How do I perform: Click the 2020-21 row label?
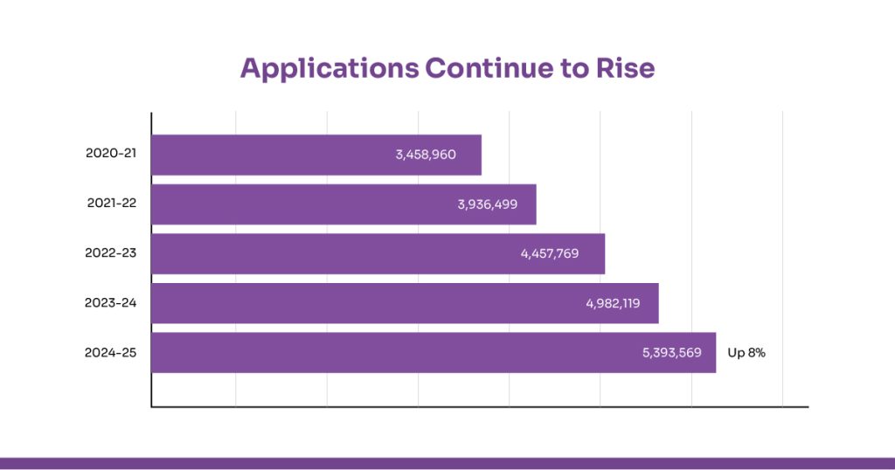click(x=111, y=154)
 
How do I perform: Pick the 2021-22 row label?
click(x=112, y=204)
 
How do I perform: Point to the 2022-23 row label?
click(x=111, y=253)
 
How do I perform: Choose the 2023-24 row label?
click(x=111, y=303)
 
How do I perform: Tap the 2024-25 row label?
click(x=111, y=353)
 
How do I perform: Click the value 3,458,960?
click(x=425, y=155)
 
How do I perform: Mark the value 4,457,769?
click(x=550, y=254)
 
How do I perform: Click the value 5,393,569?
click(x=671, y=354)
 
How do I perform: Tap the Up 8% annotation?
click(x=746, y=354)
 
